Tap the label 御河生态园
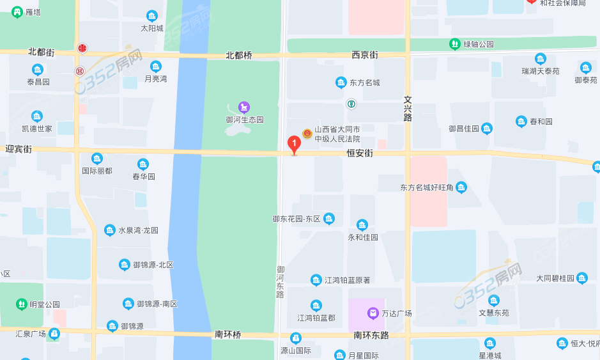tap(245, 120)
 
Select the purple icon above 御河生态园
tap(244, 107)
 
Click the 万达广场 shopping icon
tap(373, 313)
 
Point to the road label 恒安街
tap(359, 153)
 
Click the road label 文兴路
tap(408, 109)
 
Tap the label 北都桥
tap(239, 56)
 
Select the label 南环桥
tap(227, 334)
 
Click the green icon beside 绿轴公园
tap(454, 44)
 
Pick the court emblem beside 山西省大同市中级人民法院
tap(307, 134)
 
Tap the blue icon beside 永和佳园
tap(362, 225)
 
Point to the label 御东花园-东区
tap(296, 219)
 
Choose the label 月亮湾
tap(155, 79)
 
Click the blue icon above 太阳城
tap(152, 16)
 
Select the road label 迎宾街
tap(19, 148)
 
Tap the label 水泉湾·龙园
tap(138, 231)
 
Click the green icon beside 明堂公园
tap(22, 304)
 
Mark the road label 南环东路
tap(371, 335)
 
